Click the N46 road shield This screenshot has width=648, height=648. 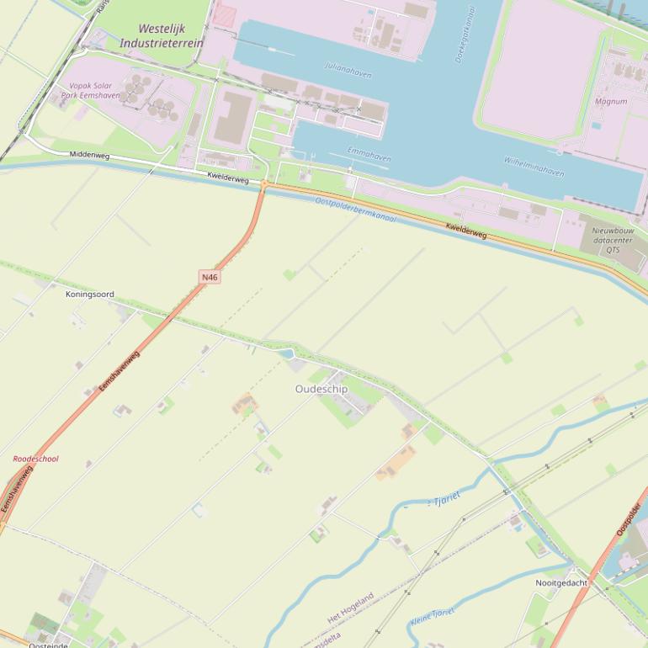pos(210,277)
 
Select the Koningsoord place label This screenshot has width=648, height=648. pos(89,295)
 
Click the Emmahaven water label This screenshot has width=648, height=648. pos(369,154)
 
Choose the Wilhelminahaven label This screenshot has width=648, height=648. pos(534,166)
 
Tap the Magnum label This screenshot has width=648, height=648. pos(610,101)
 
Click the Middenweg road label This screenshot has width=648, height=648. pos(90,155)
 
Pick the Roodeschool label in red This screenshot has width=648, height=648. pos(35,459)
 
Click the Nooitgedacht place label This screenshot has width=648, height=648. pos(561,582)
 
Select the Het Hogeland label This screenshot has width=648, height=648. pos(350,608)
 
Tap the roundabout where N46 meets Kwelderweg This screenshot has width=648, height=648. pos(264,184)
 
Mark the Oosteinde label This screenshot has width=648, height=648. pos(48,645)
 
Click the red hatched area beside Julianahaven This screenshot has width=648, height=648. pos(224,14)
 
